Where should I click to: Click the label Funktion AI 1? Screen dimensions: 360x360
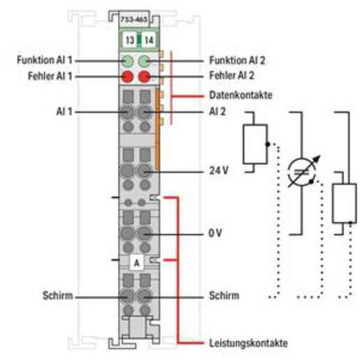coord(45,60)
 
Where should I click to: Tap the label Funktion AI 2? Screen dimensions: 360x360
coord(237,60)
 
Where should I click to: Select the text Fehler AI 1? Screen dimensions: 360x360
coord(50,76)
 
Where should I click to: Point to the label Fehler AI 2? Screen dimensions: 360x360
coord(231,75)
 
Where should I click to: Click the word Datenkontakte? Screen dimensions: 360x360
coord(240,95)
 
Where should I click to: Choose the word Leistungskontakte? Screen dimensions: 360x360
coord(248,343)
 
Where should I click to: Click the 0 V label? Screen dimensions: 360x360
coord(215,233)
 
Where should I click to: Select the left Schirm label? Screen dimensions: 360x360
coord(58,296)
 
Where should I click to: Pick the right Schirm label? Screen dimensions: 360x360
coord(224,296)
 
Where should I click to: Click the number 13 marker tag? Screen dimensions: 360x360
coord(130,41)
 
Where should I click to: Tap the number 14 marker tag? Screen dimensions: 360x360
coord(149,41)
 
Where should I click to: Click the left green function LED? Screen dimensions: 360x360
coord(127,62)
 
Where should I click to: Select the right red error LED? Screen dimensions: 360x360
coord(144,77)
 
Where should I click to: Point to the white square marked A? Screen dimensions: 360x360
coord(136,263)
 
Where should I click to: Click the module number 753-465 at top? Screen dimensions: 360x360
coord(134,19)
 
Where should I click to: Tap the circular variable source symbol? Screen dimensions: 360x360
coord(302,172)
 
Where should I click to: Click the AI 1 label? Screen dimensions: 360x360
coord(64,112)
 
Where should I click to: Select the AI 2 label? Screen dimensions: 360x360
coord(217,112)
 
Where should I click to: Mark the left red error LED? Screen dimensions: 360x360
coord(127,77)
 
